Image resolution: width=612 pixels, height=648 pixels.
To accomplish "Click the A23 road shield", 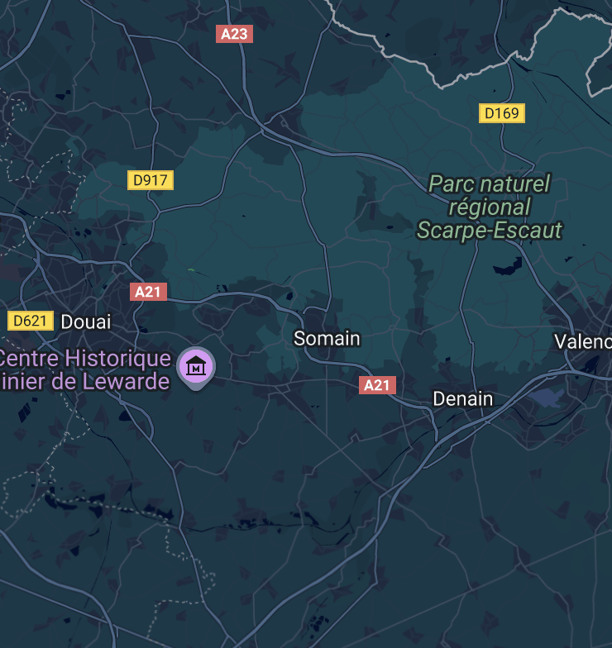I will click(x=234, y=34).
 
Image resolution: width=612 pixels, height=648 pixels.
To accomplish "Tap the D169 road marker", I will click(x=502, y=112).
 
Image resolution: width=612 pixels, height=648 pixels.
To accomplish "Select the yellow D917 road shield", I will click(x=151, y=179).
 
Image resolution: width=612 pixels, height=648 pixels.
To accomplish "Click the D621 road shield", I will click(x=31, y=321).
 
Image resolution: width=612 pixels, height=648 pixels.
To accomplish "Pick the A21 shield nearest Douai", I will click(x=149, y=291).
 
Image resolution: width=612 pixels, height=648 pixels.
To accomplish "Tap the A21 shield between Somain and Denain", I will click(x=377, y=385).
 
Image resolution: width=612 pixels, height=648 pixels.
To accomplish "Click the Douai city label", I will click(x=86, y=322).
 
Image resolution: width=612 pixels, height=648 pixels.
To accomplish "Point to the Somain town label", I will click(x=328, y=338).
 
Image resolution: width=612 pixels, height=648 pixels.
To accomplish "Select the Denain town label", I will click(x=463, y=399).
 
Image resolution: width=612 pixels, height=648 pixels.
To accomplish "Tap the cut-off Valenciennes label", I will click(x=583, y=341).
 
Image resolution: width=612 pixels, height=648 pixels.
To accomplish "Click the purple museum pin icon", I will click(x=196, y=365).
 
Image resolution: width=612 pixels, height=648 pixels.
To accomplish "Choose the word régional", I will click(x=489, y=207).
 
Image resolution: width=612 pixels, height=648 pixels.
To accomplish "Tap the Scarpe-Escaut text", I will click(x=489, y=230).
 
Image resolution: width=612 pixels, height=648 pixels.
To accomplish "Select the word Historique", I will click(x=120, y=360).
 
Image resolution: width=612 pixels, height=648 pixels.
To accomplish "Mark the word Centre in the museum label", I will click(x=28, y=360).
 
